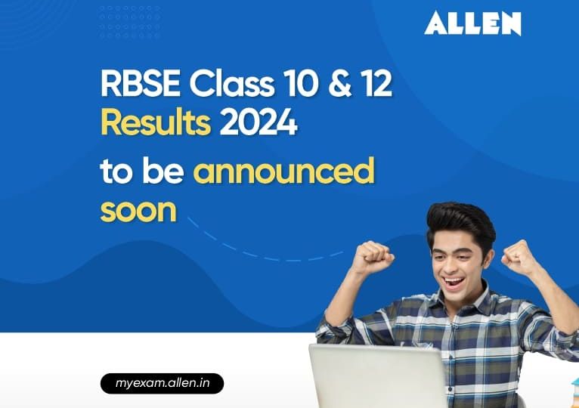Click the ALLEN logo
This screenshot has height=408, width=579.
(x=472, y=23)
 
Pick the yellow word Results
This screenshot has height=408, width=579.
(x=156, y=123)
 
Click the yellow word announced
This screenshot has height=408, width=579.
(x=283, y=172)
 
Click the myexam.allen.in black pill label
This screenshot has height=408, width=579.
(x=162, y=384)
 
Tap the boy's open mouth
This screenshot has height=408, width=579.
(x=454, y=283)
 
